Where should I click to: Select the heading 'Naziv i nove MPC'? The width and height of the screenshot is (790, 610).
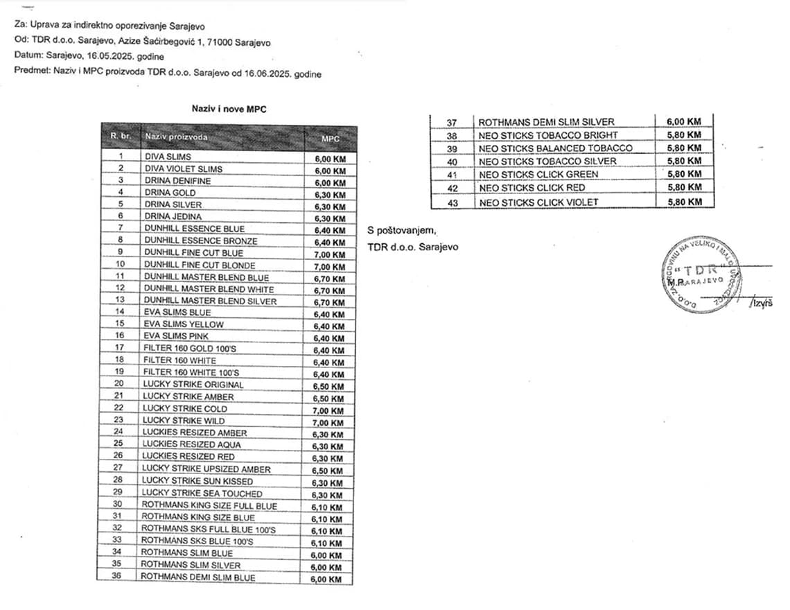pyautogui.click(x=229, y=109)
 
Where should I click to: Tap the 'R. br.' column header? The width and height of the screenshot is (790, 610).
pyautogui.click(x=120, y=137)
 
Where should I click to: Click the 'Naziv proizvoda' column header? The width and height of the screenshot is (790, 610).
pyautogui.click(x=176, y=137)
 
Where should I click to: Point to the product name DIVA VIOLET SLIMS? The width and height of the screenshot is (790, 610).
pyautogui.click(x=184, y=169)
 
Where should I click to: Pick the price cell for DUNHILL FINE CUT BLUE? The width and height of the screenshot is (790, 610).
pyautogui.click(x=330, y=254)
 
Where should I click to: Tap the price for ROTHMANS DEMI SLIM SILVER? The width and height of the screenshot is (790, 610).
pyautogui.click(x=683, y=122)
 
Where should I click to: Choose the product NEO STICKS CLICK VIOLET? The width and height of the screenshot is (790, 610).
pyautogui.click(x=538, y=202)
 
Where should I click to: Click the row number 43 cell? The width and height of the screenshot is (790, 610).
pyautogui.click(x=452, y=202)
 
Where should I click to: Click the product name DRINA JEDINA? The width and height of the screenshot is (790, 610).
pyautogui.click(x=173, y=217)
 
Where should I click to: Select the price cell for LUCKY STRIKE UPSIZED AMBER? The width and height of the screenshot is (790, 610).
pyautogui.click(x=328, y=471)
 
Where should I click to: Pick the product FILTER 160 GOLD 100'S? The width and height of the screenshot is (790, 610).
pyautogui.click(x=179, y=349)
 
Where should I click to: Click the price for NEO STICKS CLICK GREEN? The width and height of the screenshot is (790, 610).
pyautogui.click(x=683, y=174)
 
